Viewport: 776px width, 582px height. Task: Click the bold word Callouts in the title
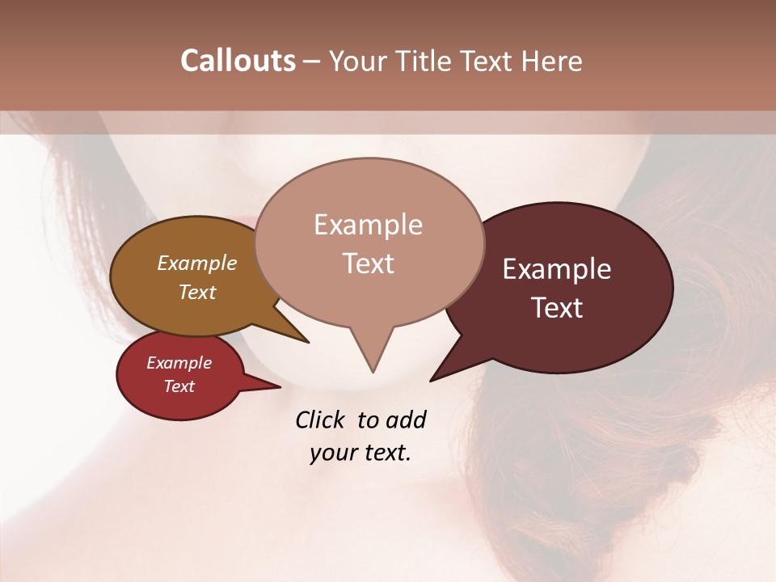coord(238,61)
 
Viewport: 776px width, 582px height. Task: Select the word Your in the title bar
coord(357,62)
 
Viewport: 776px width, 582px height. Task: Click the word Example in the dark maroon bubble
coord(557,270)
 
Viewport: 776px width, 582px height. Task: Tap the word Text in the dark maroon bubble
coord(558,308)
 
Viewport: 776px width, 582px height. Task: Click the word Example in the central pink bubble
coord(368,225)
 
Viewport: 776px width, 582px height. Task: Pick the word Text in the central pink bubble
coord(369,264)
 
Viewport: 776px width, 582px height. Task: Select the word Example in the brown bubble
coord(197,264)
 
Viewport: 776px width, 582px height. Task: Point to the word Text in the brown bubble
coord(197,292)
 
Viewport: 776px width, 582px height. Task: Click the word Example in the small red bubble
coord(179,363)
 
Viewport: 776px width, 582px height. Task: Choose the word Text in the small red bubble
coord(179,386)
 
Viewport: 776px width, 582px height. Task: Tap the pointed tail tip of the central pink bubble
coord(373,369)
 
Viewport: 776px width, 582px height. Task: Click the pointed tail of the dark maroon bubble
coord(435,377)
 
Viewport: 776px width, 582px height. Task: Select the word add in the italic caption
coord(406,420)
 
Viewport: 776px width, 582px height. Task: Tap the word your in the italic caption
coord(332,453)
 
